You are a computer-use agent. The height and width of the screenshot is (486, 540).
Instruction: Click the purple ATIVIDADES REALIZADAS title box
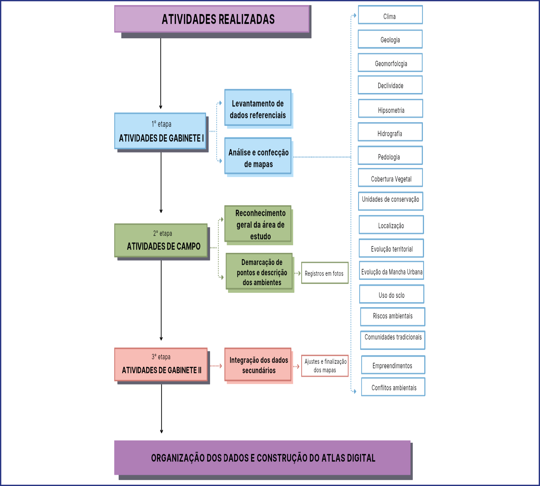tap(212, 19)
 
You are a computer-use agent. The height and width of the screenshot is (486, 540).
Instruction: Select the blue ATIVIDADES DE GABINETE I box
tap(160, 131)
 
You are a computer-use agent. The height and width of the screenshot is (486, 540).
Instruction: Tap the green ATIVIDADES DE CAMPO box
tap(161, 240)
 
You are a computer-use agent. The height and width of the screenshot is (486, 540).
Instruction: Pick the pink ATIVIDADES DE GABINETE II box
tap(161, 364)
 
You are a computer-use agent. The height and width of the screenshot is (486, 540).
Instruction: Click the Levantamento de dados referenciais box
tap(258, 108)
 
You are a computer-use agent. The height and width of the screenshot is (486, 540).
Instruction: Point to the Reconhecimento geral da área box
tap(258, 224)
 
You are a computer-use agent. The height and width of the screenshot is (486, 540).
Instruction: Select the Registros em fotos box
tap(325, 273)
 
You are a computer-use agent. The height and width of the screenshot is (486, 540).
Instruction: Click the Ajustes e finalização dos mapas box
tap(325, 366)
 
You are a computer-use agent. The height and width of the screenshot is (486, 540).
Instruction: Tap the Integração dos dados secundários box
tap(258, 364)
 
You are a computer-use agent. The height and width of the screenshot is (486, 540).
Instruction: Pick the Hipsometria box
tap(391, 109)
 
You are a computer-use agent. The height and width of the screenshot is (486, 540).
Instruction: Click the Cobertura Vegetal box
tap(391, 178)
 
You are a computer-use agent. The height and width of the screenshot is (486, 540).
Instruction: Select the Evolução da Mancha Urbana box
tap(391, 271)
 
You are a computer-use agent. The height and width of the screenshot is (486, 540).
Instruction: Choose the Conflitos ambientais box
tap(393, 387)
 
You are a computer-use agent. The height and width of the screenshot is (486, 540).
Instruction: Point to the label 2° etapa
tap(162, 233)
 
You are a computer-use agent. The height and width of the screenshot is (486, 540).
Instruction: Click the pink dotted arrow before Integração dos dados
tap(216, 366)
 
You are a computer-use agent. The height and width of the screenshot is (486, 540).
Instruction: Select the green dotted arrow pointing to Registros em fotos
tap(297, 273)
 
